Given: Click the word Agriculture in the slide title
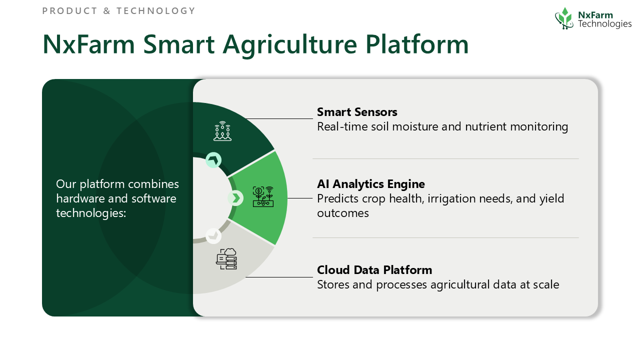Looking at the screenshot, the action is (290, 45).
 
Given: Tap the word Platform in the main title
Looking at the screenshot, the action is (417, 44).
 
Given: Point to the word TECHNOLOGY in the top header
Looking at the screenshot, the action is (155, 11).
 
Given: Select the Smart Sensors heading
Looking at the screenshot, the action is (357, 112).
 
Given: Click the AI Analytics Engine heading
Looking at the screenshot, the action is (371, 184).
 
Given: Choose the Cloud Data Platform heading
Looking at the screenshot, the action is (374, 270).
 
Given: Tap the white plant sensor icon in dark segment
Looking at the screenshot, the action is (222, 131).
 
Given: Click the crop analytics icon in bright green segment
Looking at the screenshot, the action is (263, 196).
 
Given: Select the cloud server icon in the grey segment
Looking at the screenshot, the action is (226, 259).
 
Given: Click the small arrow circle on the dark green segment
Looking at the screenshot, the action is (213, 160).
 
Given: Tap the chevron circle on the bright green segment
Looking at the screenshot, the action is (235, 198).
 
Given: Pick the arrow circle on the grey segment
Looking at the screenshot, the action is (213, 235).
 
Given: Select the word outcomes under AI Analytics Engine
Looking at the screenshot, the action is (343, 213).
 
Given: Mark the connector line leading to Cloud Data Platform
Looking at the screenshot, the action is (279, 277).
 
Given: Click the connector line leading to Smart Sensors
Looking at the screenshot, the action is (279, 118).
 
